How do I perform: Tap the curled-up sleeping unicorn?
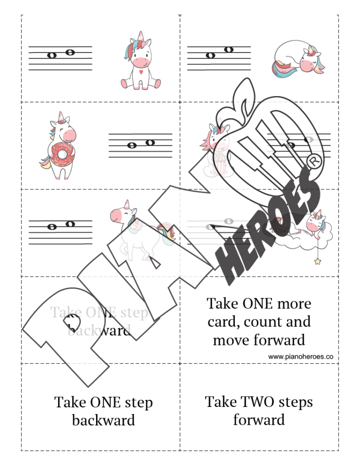pos(298,60)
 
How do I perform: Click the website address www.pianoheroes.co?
pos(300,357)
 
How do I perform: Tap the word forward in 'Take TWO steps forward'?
pos(259,419)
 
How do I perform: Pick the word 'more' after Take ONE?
pos(292,304)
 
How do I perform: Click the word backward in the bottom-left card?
pos(103,420)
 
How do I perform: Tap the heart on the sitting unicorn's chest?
pos(140,73)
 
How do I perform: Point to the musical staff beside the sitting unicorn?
pos(60,58)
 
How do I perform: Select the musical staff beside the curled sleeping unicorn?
pos(219,58)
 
